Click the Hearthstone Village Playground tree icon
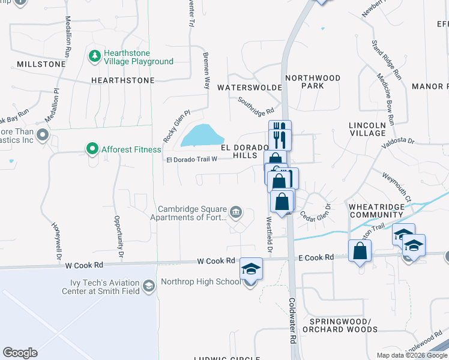click(x=94, y=56)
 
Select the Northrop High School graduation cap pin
click(x=252, y=269)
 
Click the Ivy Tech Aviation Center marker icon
click(x=149, y=287)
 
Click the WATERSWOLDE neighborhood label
click(x=249, y=88)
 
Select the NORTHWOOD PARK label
click(x=313, y=82)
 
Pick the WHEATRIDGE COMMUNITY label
click(x=376, y=211)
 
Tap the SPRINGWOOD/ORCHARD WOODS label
click(x=340, y=325)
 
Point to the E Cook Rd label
click(x=316, y=257)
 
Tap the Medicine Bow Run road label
click(x=385, y=100)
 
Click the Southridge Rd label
click(x=256, y=107)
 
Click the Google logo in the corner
click(x=20, y=353)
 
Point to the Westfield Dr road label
click(x=269, y=235)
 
